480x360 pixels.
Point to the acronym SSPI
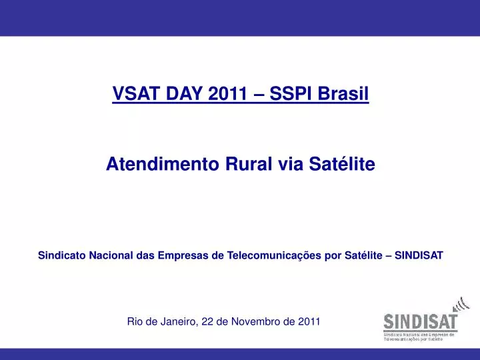291,95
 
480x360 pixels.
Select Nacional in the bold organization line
111,255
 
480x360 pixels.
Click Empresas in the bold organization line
183,255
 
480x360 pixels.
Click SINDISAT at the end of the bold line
419,255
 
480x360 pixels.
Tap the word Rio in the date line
135,321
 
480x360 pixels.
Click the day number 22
207,321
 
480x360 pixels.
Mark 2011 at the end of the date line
309,321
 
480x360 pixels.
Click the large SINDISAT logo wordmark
420,322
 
